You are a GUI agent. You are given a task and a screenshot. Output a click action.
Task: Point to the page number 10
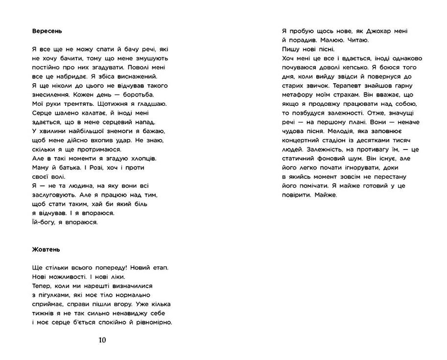(102, 340)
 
